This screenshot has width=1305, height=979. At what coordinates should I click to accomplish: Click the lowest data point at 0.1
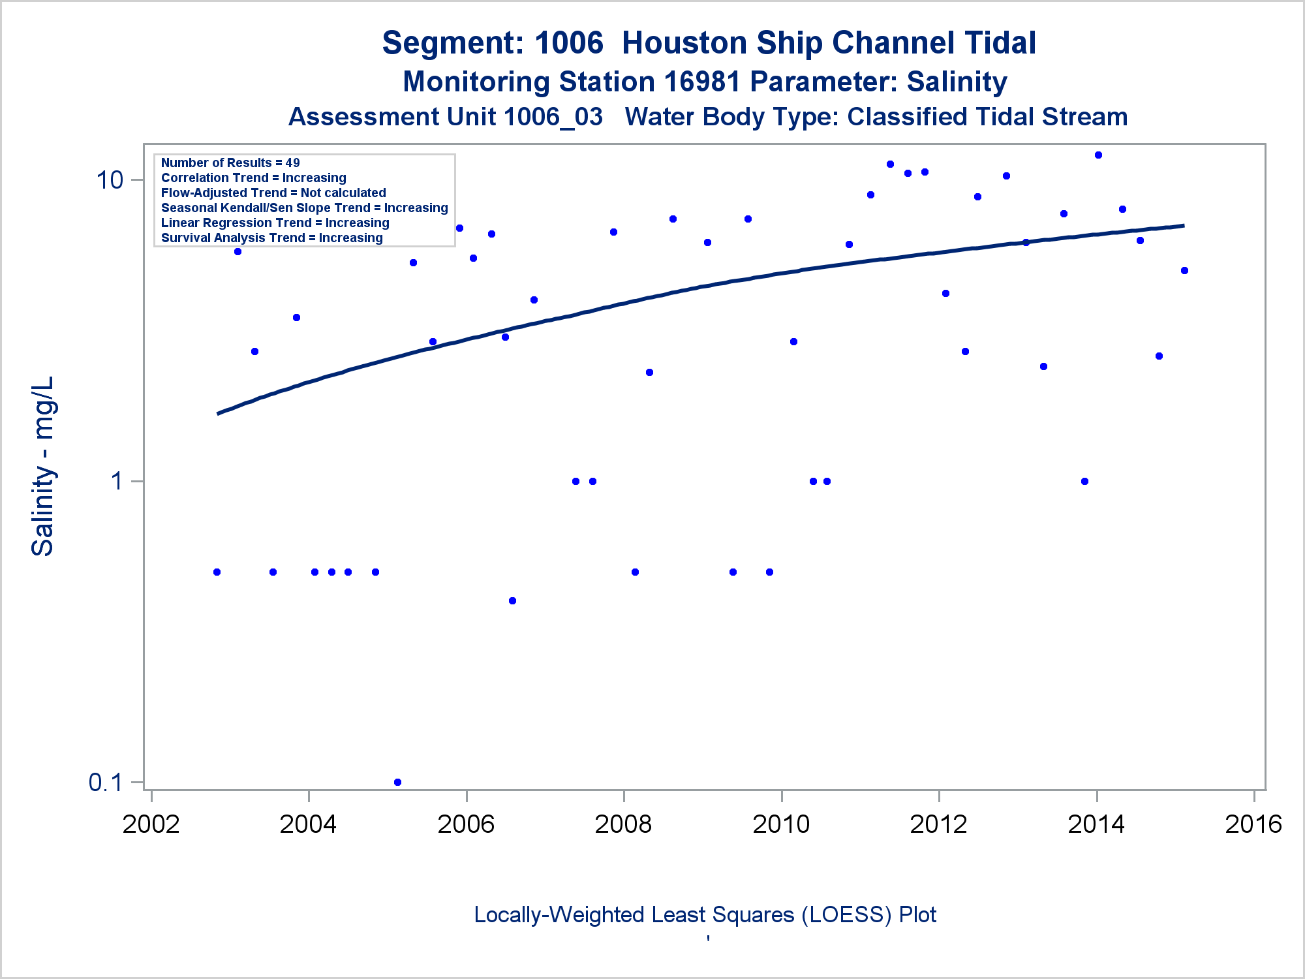tap(397, 782)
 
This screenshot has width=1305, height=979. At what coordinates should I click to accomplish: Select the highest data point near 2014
tap(1098, 155)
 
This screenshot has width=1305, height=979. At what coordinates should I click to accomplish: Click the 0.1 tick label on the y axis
tap(105, 782)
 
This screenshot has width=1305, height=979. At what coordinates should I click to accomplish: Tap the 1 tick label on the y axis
tap(117, 481)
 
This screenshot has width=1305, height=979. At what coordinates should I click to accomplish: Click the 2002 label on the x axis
tap(151, 824)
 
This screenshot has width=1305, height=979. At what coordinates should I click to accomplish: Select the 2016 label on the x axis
tap(1253, 824)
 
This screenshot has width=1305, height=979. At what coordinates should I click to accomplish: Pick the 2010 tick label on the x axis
tap(781, 824)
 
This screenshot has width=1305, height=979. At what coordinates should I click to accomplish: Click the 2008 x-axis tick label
tap(623, 824)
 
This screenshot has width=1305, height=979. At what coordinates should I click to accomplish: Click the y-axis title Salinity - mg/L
tap(42, 466)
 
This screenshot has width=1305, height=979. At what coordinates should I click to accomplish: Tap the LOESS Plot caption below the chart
tap(705, 915)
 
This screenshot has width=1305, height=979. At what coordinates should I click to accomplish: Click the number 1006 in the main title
tap(569, 43)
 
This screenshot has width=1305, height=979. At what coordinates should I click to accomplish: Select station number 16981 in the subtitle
tap(702, 82)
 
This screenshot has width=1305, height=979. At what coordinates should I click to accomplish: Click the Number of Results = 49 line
tap(230, 163)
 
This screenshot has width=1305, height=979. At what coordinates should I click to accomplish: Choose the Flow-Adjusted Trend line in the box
tap(273, 193)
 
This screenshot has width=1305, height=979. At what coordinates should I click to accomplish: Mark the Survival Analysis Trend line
tap(271, 238)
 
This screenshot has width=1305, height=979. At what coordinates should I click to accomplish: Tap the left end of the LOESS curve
tap(218, 413)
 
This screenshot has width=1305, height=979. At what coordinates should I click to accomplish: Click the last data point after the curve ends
tap(1184, 270)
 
